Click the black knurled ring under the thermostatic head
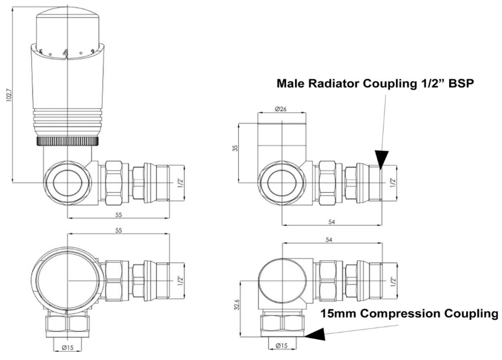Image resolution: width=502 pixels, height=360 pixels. (68, 142)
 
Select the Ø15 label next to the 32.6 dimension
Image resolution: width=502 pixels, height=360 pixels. (281, 345)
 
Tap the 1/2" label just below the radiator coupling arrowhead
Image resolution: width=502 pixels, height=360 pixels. (392, 182)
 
